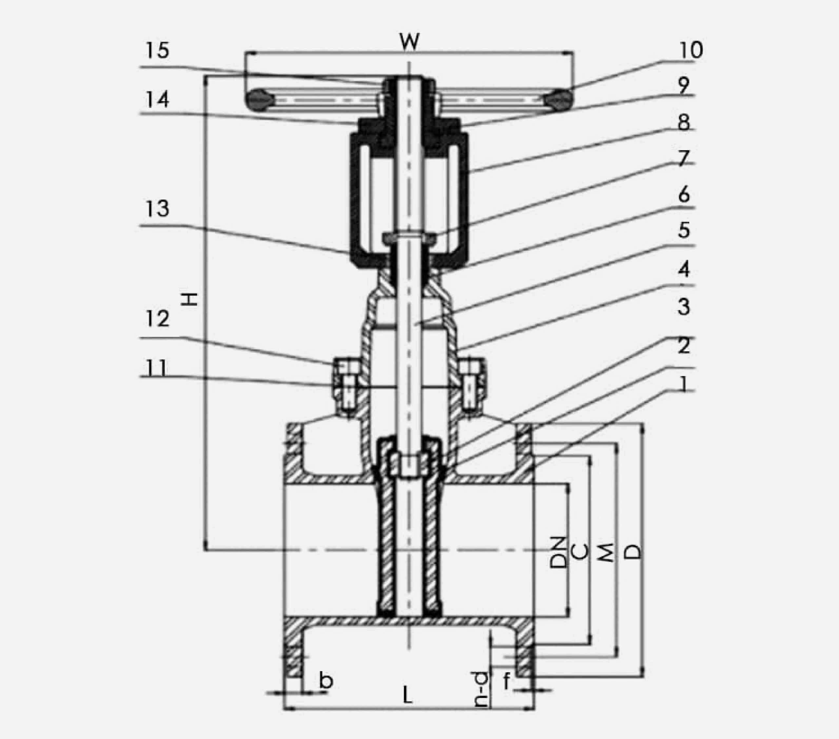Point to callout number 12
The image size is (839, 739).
point(158,318)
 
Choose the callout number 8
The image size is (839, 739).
point(683,122)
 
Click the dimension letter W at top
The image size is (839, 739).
point(410,42)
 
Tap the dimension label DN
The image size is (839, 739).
point(558,552)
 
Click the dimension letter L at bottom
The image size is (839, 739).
point(407,695)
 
